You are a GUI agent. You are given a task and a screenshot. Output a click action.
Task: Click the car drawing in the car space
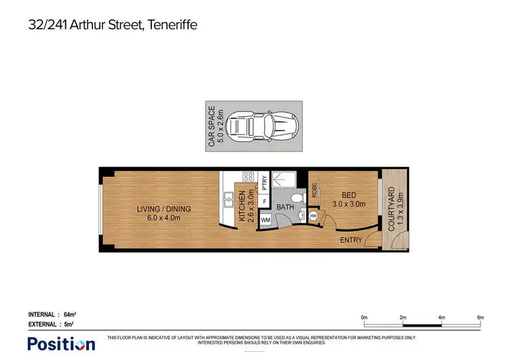tap(262, 126)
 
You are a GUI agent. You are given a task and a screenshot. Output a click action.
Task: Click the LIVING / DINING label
tap(164, 209)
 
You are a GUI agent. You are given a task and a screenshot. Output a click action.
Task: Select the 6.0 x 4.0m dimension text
tap(164, 218)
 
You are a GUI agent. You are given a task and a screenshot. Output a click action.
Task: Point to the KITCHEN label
tap(241, 207)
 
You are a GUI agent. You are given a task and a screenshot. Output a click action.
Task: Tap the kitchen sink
tap(228, 200)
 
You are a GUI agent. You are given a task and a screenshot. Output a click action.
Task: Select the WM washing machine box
tap(265, 219)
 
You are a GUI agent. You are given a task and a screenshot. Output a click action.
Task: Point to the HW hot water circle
tap(314, 216)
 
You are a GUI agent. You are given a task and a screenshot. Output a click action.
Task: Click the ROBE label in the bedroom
tap(316, 190)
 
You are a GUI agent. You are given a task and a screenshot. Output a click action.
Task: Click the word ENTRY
tap(351, 239)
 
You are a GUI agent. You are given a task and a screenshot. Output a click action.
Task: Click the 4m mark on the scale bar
tap(441, 317)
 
